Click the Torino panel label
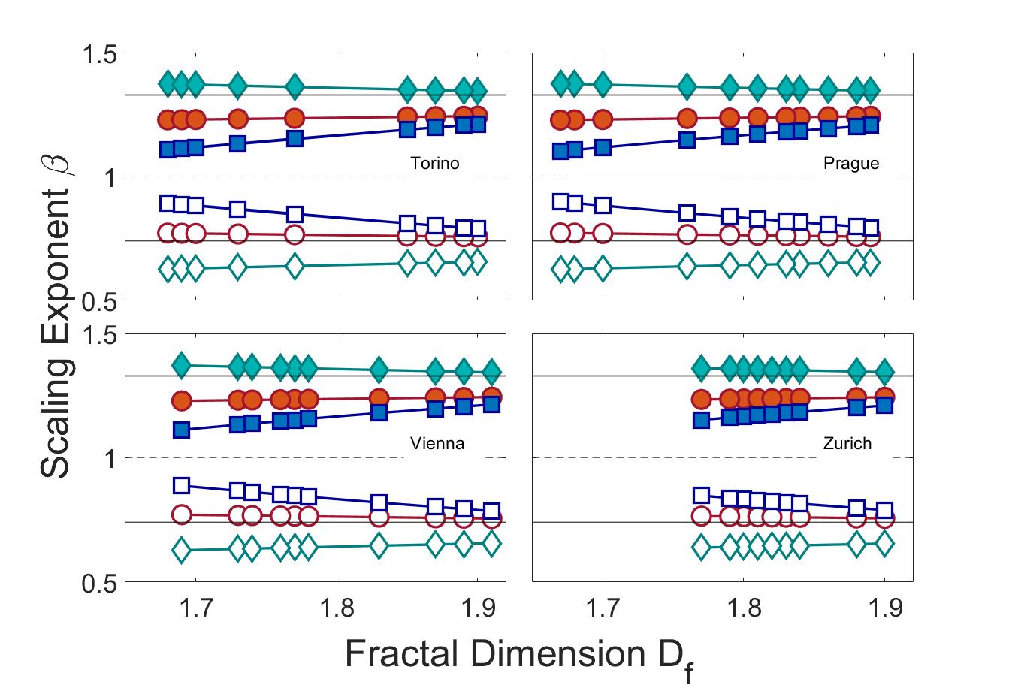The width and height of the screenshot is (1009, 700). [434, 163]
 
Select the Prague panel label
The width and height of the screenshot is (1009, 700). [851, 163]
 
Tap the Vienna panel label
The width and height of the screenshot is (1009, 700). [437, 443]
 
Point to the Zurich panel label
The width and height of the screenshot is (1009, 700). [847, 443]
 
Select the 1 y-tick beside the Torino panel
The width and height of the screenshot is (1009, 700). [110, 177]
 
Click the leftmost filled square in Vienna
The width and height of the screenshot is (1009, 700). [181, 430]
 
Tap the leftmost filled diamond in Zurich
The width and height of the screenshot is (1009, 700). [701, 367]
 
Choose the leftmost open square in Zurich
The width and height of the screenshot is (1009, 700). [701, 495]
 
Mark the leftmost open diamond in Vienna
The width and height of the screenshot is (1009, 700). [181, 550]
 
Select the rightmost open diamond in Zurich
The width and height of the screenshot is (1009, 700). [884, 542]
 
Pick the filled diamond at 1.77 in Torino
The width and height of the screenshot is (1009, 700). [295, 86]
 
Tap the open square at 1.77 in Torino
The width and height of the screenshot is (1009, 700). [295, 214]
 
